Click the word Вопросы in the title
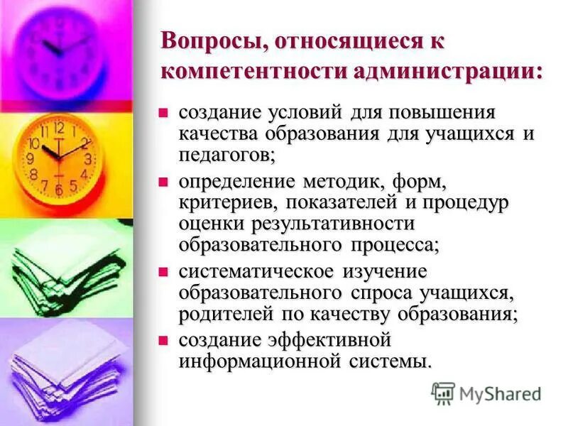click(x=204, y=40)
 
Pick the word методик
click(x=332, y=182)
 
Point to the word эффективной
click(x=333, y=340)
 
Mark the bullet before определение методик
click(x=163, y=182)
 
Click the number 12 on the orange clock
click(x=59, y=129)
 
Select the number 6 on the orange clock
click(x=60, y=190)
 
